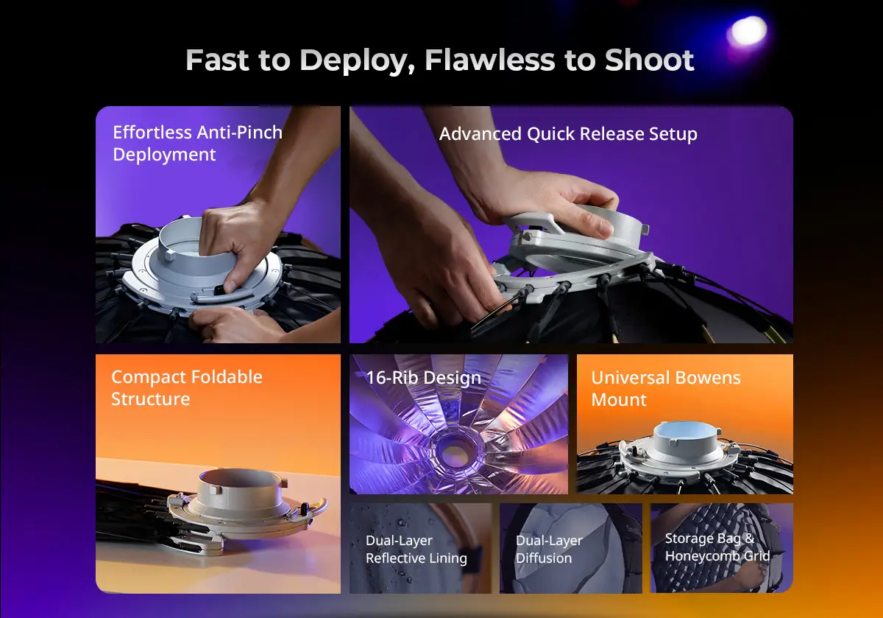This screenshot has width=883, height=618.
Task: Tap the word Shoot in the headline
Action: [x=649, y=60]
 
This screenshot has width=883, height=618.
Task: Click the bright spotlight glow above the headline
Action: [x=747, y=31]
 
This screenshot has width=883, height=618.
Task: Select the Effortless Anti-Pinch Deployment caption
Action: [x=197, y=143]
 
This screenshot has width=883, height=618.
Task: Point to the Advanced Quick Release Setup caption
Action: [x=568, y=134]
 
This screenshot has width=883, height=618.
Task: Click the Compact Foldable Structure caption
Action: [x=187, y=387]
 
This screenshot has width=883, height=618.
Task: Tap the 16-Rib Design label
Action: [x=424, y=378]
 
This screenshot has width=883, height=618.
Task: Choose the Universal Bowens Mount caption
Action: [x=666, y=388]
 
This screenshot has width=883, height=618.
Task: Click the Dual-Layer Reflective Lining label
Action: [x=416, y=549]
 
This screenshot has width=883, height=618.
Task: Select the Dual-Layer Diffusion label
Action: [x=549, y=549]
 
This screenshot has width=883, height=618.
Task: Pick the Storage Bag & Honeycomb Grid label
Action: [x=717, y=547]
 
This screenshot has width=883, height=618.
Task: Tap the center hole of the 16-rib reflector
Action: [x=456, y=452]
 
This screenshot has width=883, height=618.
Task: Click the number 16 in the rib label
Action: [x=375, y=378]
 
